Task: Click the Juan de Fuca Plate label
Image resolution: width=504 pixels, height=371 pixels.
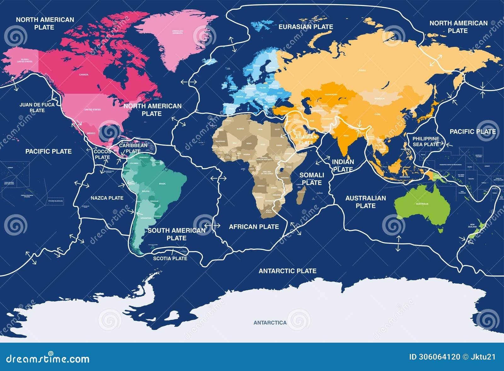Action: [x=37, y=107]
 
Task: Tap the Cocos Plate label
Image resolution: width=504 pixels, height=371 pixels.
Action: [x=102, y=154]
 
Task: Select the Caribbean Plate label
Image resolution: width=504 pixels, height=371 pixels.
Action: [x=133, y=148]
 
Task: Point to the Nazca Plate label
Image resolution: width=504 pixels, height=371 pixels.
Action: [x=107, y=198]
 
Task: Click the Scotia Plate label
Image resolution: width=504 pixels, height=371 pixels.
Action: [x=170, y=259]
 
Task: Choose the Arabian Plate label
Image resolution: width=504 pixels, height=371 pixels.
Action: [x=306, y=140]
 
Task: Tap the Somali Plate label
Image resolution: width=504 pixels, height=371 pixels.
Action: [x=312, y=179]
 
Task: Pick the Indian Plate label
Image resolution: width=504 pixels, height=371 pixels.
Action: [x=343, y=165]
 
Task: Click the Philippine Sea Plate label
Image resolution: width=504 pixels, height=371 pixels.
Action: [x=426, y=141]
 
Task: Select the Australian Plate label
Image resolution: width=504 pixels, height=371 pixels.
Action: [x=365, y=202]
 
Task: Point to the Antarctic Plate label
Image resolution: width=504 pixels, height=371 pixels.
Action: [x=287, y=271]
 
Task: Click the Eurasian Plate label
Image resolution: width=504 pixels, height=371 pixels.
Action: [x=306, y=27]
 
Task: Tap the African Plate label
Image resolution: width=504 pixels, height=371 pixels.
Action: [x=254, y=227]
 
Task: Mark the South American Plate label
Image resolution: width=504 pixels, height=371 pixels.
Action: [x=176, y=234]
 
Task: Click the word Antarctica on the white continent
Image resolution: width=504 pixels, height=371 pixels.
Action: [x=270, y=322]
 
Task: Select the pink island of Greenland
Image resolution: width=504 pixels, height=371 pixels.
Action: [x=176, y=38]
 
